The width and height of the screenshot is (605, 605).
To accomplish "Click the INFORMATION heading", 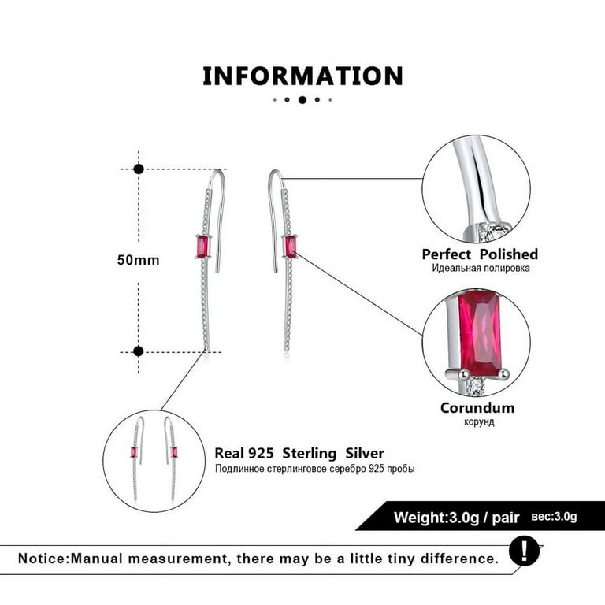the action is [302, 76].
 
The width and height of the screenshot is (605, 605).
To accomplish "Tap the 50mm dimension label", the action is [138, 260].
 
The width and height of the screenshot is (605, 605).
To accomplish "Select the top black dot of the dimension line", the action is [139, 169].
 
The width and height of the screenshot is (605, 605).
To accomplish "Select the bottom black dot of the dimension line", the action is [139, 351].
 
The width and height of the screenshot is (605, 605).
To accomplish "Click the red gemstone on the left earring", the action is [202, 246].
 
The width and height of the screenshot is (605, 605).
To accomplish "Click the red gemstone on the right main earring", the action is [291, 247].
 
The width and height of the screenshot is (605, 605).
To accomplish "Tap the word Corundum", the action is [477, 408].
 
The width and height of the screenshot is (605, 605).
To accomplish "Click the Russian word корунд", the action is [479, 421].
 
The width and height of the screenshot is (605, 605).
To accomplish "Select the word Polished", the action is [509, 254].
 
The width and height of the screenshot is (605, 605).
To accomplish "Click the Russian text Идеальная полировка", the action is [481, 268].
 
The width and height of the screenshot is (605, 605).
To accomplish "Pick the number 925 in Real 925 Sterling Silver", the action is [261, 453].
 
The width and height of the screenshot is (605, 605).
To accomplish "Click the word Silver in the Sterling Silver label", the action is [365, 453].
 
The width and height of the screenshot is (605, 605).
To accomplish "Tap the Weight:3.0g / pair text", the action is [456, 517].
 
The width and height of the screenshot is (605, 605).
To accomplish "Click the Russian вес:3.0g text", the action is [554, 516].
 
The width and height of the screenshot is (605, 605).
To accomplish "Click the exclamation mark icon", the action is [524, 551].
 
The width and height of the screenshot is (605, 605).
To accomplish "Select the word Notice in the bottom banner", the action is [43, 559].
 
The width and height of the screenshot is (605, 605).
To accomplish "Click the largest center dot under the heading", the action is [302, 100].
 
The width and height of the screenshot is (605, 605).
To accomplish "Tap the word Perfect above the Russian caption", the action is [447, 254].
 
